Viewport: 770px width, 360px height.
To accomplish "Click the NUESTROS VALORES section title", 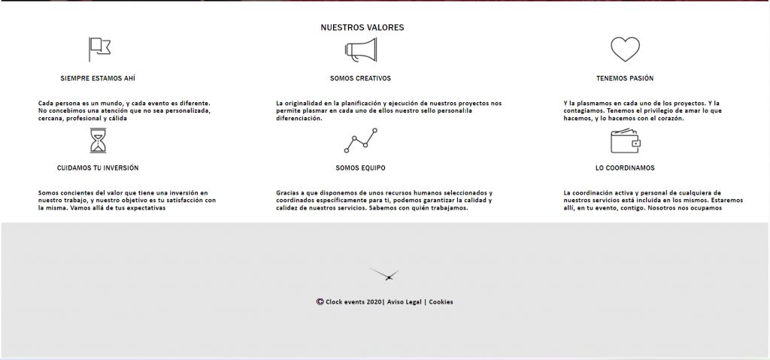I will pos(362,28).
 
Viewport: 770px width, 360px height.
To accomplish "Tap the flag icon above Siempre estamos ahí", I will pos(99,49).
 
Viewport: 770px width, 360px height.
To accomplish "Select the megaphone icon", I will pos(361,50).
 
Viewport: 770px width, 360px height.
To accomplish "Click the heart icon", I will pos(625,50).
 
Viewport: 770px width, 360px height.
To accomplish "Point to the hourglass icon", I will pos(98,141).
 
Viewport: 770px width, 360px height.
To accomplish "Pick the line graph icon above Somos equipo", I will pos(361,141).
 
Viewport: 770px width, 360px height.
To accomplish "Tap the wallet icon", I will pos(625,141).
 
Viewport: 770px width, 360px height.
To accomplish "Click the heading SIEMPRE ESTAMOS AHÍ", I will pos(98,78).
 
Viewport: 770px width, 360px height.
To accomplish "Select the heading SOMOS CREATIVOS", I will pos(360,78).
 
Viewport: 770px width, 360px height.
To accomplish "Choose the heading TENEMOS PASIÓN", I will pos(625,78).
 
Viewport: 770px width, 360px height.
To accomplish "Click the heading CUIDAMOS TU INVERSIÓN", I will pos(98,168).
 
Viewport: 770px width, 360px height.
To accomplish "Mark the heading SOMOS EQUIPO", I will pos(360,168).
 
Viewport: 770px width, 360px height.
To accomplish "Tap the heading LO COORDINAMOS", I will pos(625,168).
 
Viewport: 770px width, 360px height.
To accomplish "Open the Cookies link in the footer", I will pos(441,302).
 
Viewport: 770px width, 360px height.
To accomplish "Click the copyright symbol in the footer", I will pos(320,302).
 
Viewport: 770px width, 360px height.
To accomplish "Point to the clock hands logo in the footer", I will pos(385,275).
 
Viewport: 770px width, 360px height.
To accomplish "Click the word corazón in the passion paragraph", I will pos(668,118).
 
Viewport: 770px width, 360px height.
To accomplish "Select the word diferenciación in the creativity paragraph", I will pos(299,118).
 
